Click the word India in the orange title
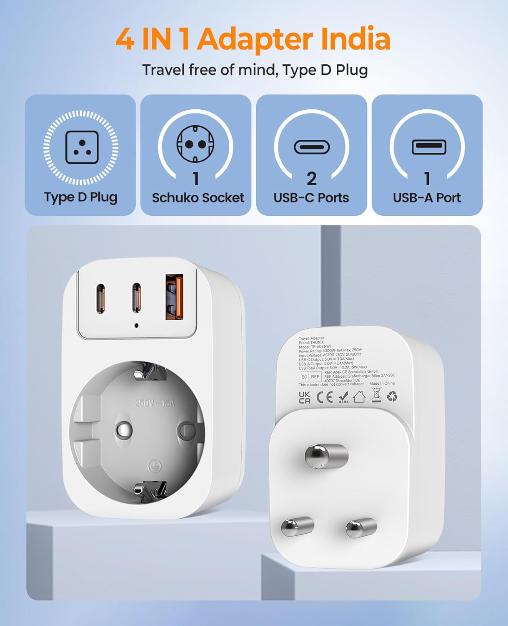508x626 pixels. (355, 39)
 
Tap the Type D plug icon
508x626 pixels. (82, 147)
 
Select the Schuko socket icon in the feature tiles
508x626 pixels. (195, 144)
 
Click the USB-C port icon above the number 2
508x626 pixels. (311, 147)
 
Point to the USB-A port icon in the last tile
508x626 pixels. (429, 147)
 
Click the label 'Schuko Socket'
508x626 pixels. (198, 197)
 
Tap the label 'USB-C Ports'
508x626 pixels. (311, 197)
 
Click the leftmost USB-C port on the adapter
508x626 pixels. (100, 298)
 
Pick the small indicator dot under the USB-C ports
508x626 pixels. (136, 325)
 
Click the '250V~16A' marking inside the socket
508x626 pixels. (155, 403)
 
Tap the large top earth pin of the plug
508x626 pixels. (326, 455)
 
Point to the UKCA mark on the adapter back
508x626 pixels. (305, 397)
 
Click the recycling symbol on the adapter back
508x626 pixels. (392, 396)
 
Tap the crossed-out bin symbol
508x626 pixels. (376, 395)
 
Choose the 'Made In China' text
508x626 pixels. (382, 383)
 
